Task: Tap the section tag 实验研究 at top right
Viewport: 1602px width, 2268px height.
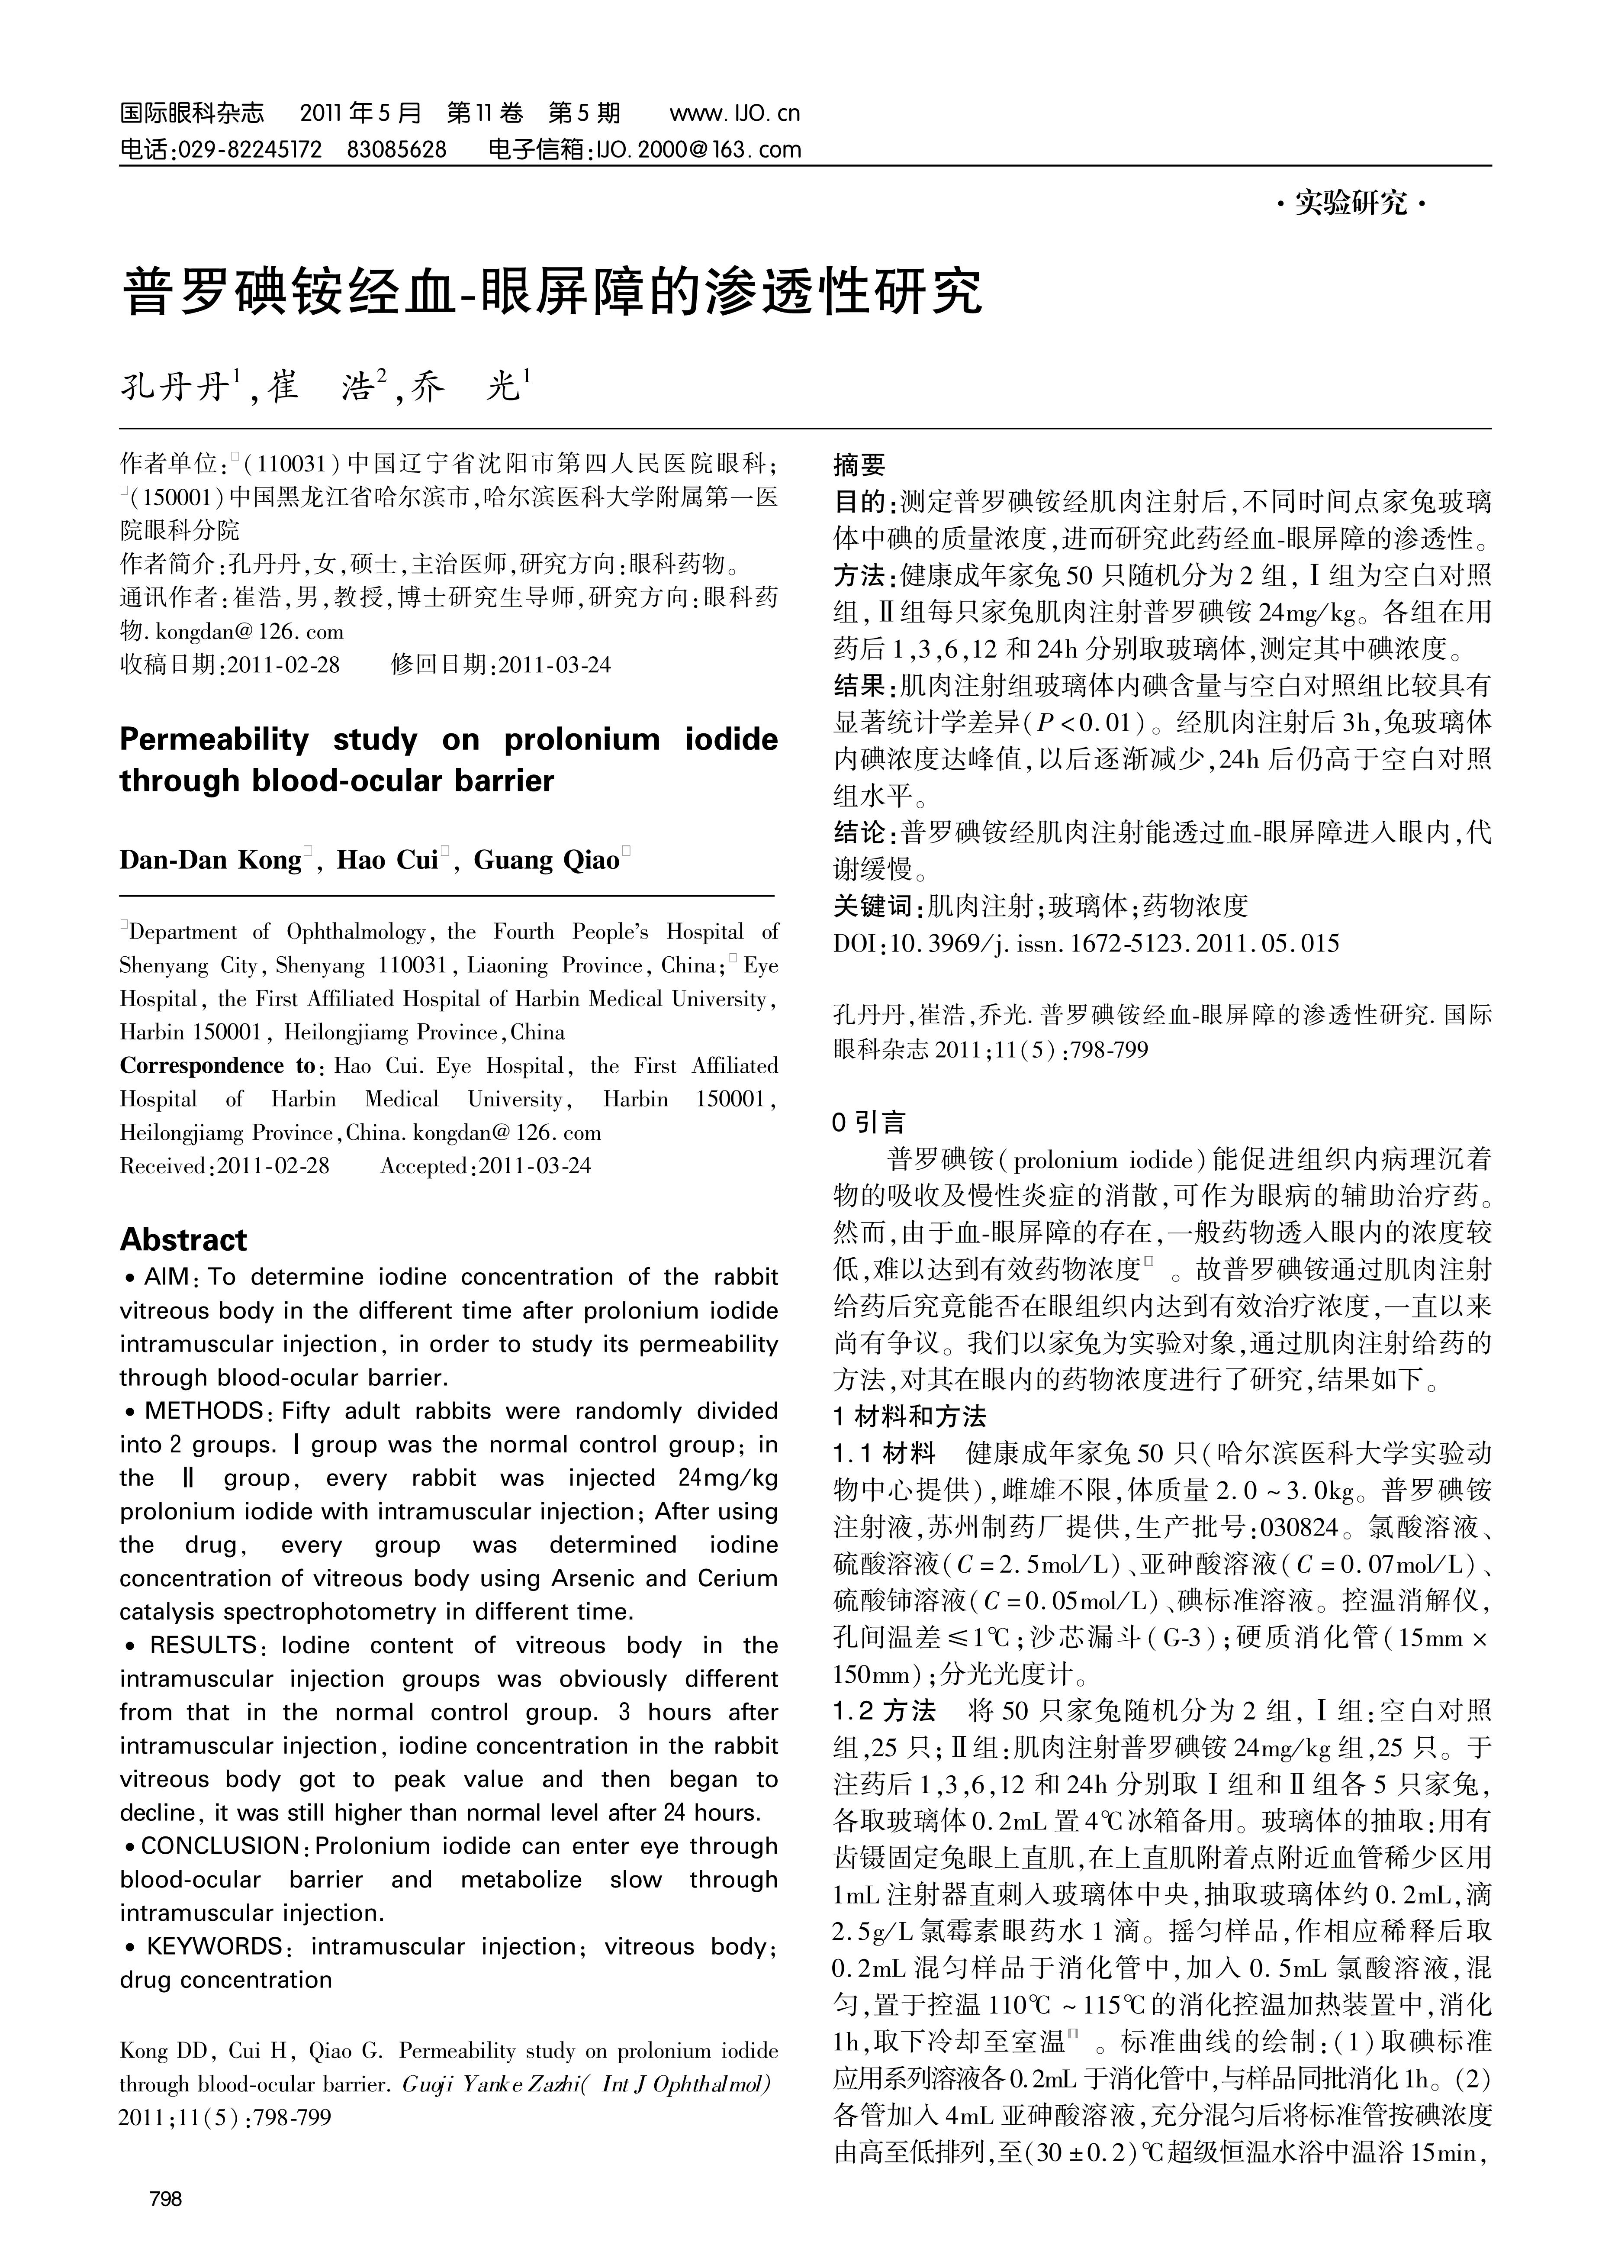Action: coord(1351,204)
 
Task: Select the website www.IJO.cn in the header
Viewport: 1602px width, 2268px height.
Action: coord(734,113)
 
